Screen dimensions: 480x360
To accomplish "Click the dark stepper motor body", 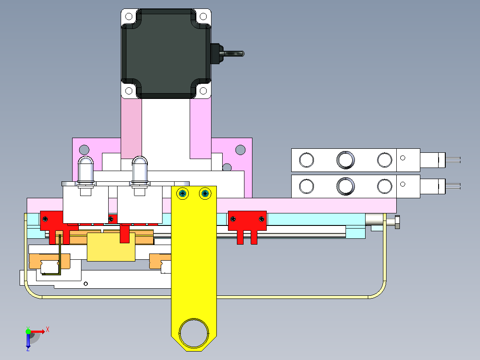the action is (x=166, y=53).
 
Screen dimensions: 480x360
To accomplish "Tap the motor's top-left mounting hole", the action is (x=129, y=16).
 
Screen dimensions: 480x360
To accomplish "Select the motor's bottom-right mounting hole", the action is (x=203, y=91).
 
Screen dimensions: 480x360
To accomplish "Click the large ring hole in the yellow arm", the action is (x=194, y=333).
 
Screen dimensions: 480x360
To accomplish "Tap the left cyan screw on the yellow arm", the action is (x=183, y=193).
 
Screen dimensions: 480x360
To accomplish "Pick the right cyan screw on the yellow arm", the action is (x=205, y=193).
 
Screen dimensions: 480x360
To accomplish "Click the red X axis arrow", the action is (x=38, y=331).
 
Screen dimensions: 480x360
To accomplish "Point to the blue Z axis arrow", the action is (x=28, y=341).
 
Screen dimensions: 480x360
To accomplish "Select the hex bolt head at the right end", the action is (x=397, y=222).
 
